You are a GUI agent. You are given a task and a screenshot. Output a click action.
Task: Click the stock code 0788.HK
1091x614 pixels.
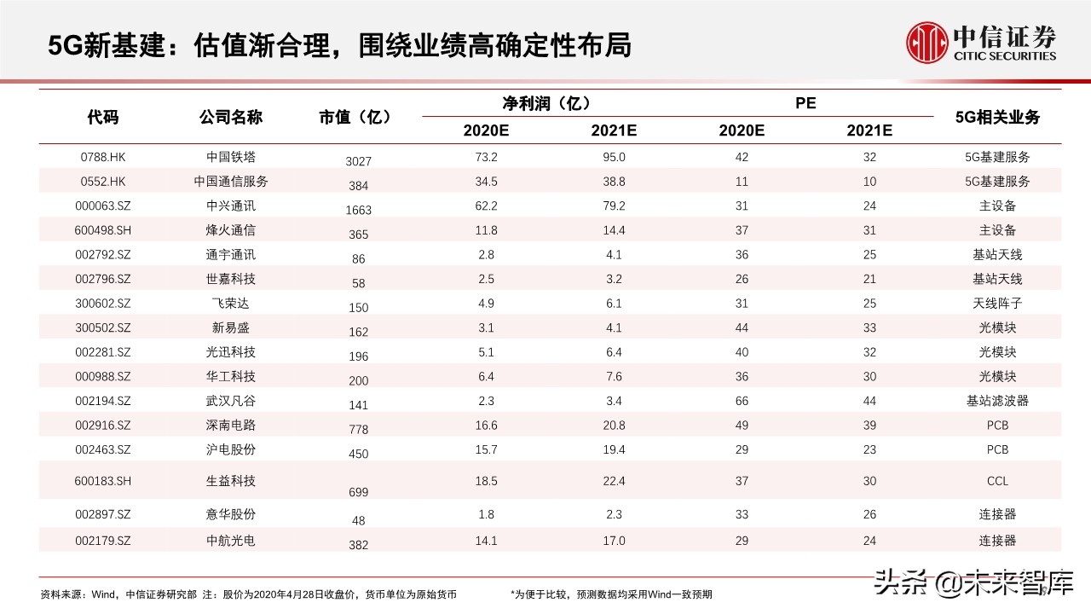(x=102, y=157)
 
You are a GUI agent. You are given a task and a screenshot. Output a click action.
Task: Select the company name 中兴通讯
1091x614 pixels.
(x=230, y=206)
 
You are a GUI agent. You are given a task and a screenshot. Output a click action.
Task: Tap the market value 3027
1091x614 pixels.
(x=358, y=161)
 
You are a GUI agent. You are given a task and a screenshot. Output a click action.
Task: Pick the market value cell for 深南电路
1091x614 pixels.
(x=358, y=430)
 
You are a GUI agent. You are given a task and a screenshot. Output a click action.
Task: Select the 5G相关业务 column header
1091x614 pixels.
(x=997, y=118)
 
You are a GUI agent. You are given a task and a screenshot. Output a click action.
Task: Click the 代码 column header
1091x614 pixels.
(x=102, y=118)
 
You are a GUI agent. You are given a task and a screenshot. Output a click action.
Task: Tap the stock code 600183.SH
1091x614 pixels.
(x=102, y=481)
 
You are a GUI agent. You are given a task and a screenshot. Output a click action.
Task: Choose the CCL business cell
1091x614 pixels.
(x=997, y=481)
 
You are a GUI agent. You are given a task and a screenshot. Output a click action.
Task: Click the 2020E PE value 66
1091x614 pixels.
(x=742, y=401)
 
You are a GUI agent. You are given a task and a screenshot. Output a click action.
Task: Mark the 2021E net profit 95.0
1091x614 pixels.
(x=614, y=157)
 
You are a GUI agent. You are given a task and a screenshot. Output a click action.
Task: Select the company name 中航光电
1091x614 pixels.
(x=230, y=540)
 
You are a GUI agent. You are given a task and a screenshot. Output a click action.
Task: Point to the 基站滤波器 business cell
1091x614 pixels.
(x=997, y=401)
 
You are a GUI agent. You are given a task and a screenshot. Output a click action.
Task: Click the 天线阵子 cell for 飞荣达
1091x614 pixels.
(x=997, y=304)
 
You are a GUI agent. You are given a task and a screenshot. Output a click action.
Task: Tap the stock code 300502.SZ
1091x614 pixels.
(x=102, y=327)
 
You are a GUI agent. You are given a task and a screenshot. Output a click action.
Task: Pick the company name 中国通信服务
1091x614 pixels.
(x=230, y=182)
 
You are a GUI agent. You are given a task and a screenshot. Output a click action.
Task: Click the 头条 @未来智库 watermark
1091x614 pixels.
(x=971, y=583)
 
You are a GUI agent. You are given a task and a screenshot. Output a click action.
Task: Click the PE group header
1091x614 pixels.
(x=805, y=103)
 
